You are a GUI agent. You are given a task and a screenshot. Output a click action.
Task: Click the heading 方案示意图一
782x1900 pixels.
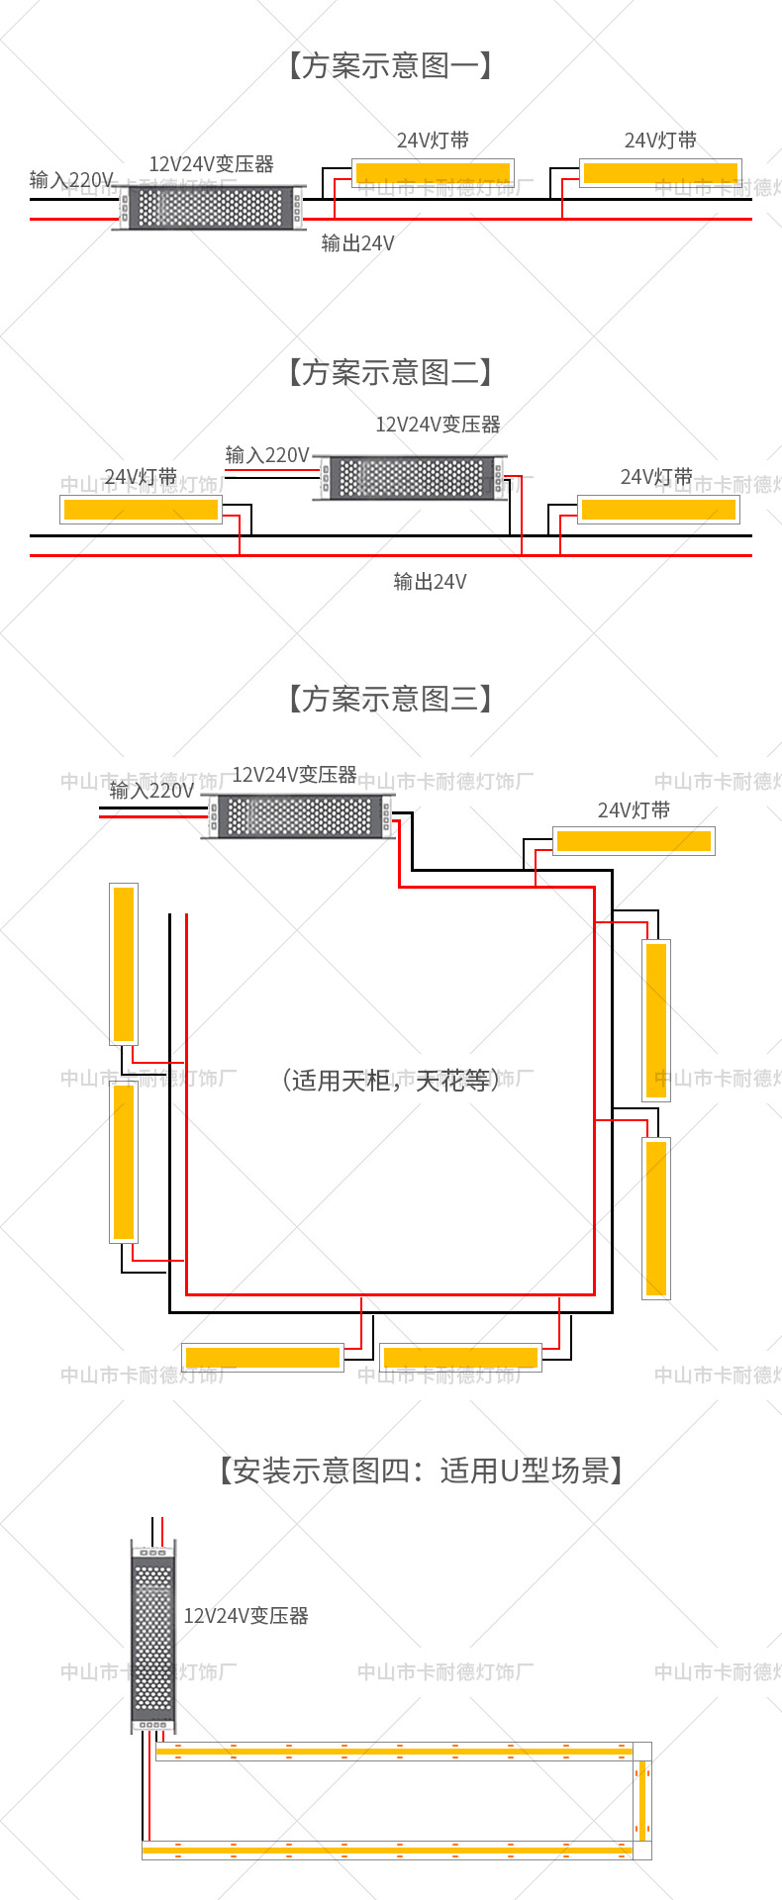click(390, 66)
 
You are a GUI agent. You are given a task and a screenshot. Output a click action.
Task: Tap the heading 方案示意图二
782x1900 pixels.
click(390, 373)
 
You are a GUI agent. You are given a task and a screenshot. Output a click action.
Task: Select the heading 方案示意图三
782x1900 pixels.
click(390, 700)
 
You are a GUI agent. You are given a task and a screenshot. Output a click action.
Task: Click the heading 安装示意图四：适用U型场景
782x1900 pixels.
click(422, 1472)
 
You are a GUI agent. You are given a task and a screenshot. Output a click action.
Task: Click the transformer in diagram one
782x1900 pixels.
click(211, 208)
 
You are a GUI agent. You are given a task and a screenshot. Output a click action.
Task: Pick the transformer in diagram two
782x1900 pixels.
click(411, 478)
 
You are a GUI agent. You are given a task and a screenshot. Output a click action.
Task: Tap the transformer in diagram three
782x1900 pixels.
click(299, 816)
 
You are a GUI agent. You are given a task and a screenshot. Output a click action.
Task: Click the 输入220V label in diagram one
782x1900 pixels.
click(71, 180)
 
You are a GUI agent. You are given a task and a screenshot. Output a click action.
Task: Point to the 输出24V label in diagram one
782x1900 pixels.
click(357, 243)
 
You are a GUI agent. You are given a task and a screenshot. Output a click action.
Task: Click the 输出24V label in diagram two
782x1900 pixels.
click(430, 582)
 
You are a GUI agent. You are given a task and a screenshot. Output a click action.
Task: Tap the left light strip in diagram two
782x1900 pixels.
click(141, 510)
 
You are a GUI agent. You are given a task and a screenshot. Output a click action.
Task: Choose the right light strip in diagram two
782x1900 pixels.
click(658, 510)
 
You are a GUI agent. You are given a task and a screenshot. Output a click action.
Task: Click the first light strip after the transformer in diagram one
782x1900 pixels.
click(434, 173)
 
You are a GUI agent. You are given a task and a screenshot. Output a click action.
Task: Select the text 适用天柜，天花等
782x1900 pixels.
click(390, 1080)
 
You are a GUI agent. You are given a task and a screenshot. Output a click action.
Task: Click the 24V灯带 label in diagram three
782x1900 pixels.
click(634, 810)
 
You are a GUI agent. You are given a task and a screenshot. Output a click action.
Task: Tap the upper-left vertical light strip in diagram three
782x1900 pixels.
click(124, 964)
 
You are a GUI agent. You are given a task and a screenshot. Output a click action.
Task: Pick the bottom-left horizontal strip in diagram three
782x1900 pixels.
click(262, 1357)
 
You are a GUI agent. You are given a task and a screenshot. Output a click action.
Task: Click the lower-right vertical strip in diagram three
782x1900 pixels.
click(656, 1218)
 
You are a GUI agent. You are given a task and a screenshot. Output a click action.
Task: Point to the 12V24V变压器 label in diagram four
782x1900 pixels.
click(245, 1616)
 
